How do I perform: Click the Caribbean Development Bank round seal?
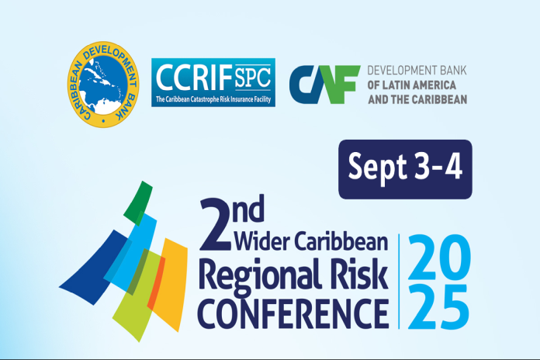coord(103,85)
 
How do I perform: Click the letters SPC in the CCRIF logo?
coord(253,78)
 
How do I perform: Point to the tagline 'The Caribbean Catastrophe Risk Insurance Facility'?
coord(213,99)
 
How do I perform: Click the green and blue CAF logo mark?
coord(324,85)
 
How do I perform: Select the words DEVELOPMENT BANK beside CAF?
coord(417,71)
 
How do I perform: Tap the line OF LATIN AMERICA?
coord(412,85)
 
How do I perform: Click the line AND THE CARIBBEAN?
coord(417,99)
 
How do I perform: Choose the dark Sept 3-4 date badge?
coord(405,169)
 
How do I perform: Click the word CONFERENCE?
coord(293,314)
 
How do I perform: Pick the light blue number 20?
coord(439,257)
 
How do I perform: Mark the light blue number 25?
coord(438,306)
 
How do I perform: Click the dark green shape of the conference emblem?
coord(138,203)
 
